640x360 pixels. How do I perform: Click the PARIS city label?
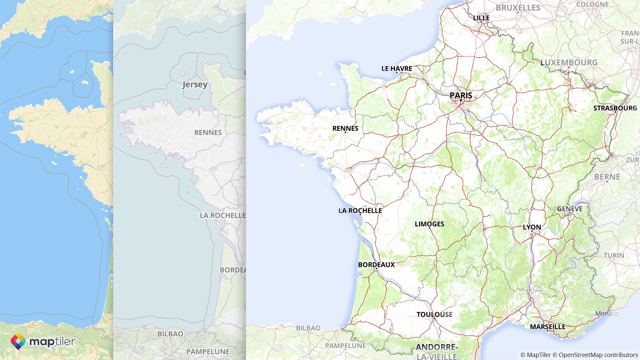pos(461,95)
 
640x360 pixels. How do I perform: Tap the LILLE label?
pos(481,18)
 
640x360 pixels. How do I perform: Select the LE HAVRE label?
pos(396,68)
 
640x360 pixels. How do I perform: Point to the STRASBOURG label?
pos(615,108)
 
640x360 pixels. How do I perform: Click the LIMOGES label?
pos(429,224)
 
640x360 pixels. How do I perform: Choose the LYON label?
pos(532,227)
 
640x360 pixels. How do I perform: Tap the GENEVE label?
pos(570,209)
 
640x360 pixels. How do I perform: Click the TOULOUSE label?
pos(434,314)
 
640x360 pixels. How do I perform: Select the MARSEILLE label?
pos(548,327)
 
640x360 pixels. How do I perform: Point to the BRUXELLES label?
pos(518,8)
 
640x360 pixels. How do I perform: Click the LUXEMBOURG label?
pos(568,62)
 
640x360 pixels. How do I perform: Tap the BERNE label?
pos(607,176)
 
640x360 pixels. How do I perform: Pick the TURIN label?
pos(614,255)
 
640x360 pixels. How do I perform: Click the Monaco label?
pos(606,313)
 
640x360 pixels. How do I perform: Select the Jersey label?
pos(195,84)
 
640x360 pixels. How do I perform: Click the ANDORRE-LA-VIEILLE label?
pos(436,352)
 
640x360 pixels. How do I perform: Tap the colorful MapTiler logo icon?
pos(18,342)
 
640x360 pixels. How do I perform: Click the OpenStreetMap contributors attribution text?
pos(598,355)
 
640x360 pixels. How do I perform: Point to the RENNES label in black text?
pos(345,128)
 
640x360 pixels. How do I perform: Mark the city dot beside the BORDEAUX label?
pos(376,269)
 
